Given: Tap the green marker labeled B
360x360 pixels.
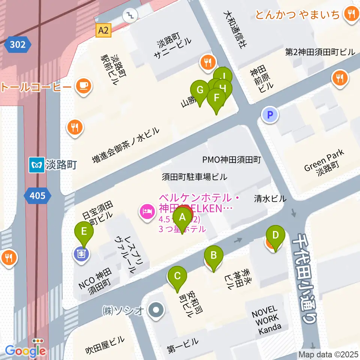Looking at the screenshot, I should [x=213, y=256].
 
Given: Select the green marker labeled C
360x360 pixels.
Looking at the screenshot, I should [x=177, y=277].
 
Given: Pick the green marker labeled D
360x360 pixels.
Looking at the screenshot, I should [x=275, y=236].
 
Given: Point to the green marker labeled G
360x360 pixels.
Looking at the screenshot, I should [x=200, y=90].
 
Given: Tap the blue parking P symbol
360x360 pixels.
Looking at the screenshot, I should [x=270, y=114].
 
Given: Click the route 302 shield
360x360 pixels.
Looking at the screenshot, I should [x=18, y=45].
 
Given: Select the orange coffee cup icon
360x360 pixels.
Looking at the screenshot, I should [x=83, y=86].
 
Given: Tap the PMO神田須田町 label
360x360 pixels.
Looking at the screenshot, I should [x=231, y=160].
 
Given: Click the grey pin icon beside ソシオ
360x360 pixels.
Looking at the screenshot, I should [x=156, y=310].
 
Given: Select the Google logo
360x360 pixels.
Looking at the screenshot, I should [x=25, y=351].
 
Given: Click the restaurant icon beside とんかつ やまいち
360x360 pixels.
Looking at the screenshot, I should [x=351, y=14].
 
